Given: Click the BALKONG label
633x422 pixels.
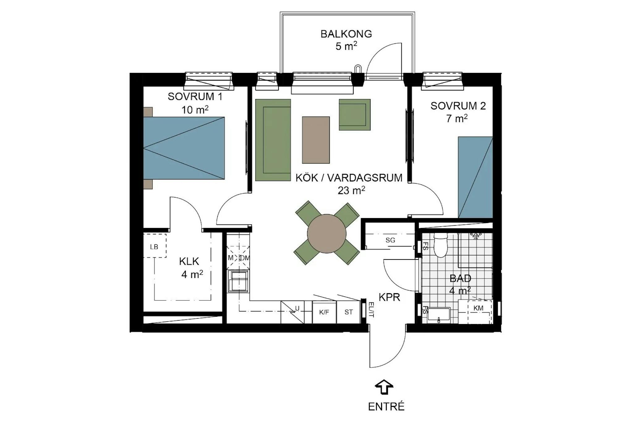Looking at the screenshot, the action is tap(346, 34).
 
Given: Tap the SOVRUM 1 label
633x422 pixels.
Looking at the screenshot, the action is tap(195, 97).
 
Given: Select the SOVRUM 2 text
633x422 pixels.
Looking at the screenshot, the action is tap(458, 106).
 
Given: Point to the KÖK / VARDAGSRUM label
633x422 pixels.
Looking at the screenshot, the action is tap(349, 178).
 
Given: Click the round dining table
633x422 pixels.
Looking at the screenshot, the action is tap(327, 234).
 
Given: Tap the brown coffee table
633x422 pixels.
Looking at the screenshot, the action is tap(316, 140).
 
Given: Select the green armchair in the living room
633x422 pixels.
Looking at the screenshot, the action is tap(355, 115).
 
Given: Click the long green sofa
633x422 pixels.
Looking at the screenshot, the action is tap(273, 140).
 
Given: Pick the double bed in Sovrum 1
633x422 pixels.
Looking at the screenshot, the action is tap(184, 148).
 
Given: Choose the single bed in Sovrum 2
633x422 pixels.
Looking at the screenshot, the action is tap(475, 177).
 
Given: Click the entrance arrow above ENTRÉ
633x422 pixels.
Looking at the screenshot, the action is tap(384, 387).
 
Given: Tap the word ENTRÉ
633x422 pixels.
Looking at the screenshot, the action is tap(386, 407).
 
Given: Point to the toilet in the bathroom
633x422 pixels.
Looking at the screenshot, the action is tap(440, 245).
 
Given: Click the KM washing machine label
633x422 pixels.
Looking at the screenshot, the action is tap(478, 308).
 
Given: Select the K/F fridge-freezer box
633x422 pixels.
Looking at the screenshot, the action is tap(324, 312).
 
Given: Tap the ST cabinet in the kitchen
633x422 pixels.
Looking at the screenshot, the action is tap(349, 312).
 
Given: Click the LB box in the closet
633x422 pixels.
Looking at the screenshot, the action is tap(155, 246).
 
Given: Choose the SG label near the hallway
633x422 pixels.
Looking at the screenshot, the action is tap(390, 240).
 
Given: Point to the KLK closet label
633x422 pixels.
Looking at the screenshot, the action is tap(189, 261).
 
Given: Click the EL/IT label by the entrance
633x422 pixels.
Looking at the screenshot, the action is tap(372, 310).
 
